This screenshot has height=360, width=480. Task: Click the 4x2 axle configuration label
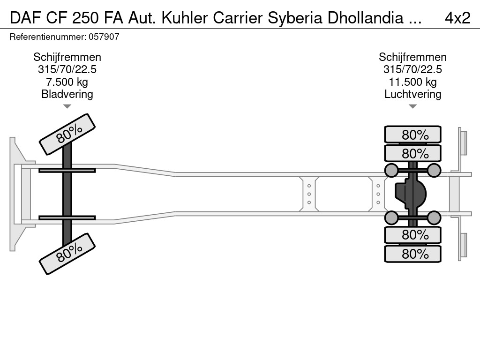coord(457,18)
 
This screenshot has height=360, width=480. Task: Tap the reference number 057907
coord(104,37)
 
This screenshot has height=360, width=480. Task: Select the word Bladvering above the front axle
coord(67,94)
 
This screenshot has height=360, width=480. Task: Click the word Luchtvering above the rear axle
coord(412,94)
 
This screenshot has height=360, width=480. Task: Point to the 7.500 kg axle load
coord(67,82)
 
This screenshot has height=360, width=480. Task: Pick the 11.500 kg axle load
coord(412,82)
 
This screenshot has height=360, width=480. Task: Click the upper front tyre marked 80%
coord(67,134)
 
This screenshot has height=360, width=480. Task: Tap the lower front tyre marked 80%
coord(67,254)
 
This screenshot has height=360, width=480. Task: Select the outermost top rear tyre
coord(412,134)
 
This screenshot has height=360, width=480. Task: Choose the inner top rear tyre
coord(412,153)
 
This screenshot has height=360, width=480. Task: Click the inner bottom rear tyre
coord(412,235)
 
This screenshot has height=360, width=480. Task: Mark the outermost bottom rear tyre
coord(412,254)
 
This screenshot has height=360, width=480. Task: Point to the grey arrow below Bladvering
coord(67,106)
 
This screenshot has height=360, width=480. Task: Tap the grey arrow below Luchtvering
coord(412,106)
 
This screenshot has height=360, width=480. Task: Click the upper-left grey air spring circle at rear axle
coord(391,170)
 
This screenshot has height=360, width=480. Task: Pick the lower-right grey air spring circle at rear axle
coord(434,217)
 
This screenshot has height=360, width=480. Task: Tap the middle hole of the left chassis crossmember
coord(309,194)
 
